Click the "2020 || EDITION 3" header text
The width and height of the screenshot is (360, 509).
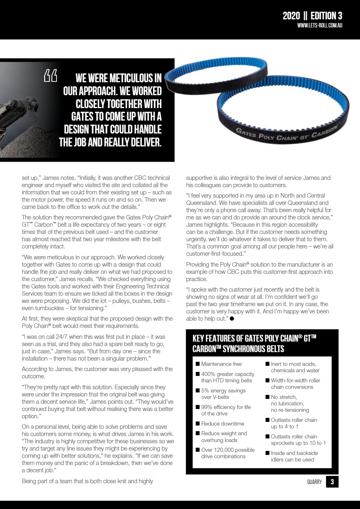[312, 16]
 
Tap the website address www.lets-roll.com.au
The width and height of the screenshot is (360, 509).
[320, 25]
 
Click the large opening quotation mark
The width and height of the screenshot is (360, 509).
[50, 76]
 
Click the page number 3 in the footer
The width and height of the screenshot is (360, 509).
[332, 482]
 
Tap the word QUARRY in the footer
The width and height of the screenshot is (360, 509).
[314, 482]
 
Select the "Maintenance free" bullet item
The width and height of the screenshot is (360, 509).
[221, 364]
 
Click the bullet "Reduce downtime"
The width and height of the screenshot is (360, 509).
[222, 423]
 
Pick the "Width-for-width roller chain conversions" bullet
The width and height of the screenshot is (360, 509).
[295, 384]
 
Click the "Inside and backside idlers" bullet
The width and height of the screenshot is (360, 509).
[294, 456]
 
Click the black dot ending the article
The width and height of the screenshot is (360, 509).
[232, 319]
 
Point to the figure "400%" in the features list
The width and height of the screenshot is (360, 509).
[209, 374]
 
